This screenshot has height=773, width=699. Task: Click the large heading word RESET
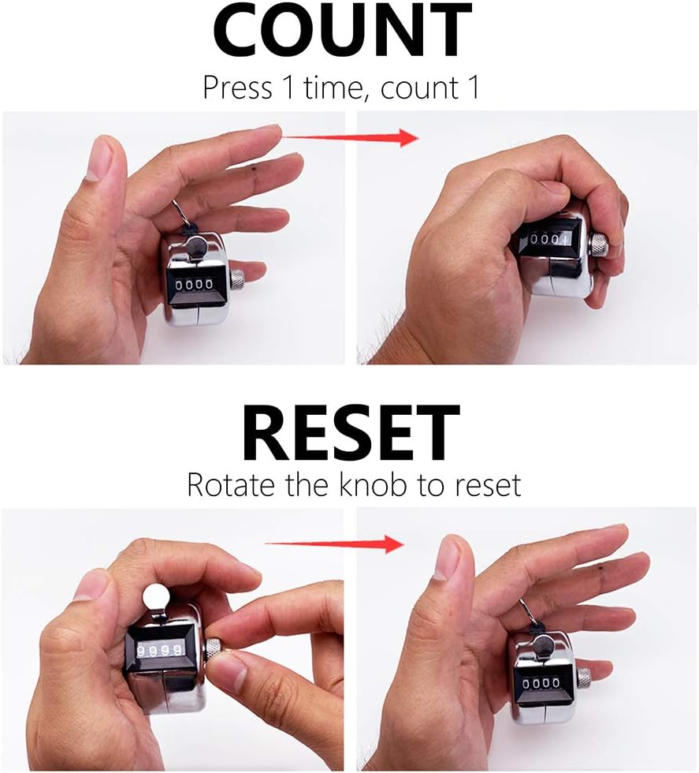351,433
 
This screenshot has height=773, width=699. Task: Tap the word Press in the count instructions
237,88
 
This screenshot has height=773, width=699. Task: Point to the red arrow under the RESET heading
334,543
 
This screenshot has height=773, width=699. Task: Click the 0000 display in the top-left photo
195,285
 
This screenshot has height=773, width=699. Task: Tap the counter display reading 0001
548,240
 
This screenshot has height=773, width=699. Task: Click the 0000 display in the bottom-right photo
541,683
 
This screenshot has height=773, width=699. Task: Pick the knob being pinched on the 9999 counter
214,650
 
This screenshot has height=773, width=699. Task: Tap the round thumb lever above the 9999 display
156,598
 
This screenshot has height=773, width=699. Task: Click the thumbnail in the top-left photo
99,159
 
